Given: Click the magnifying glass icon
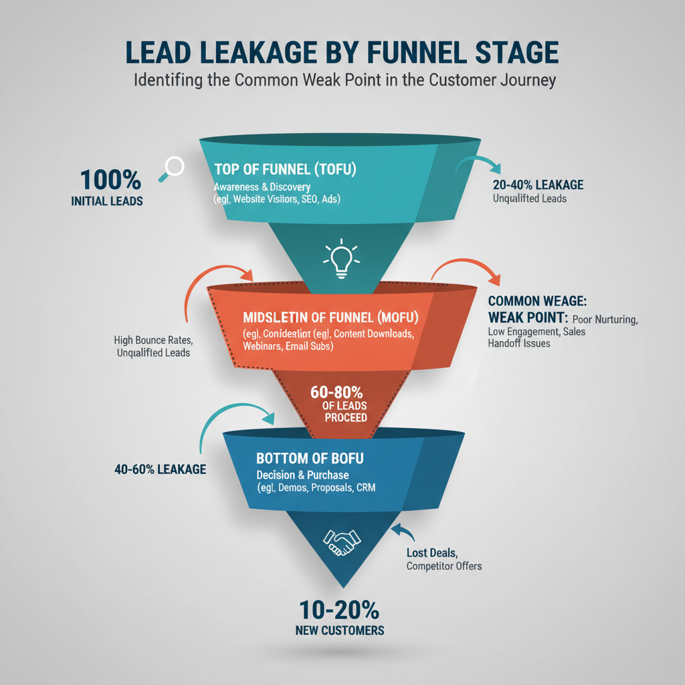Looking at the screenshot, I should click(x=172, y=167).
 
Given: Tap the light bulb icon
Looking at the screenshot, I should click(x=341, y=259).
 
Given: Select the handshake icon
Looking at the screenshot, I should click(x=341, y=541).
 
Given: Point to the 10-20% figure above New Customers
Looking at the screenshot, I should click(x=340, y=610).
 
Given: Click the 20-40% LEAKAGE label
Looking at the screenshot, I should click(x=538, y=184).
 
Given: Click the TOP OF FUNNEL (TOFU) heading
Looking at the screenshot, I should click(x=286, y=169).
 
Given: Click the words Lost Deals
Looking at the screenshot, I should click(x=431, y=553).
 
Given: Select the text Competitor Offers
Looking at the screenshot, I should click(x=444, y=566).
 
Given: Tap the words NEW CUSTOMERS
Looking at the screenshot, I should click(x=340, y=630).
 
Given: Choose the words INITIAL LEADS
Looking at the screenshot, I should click(x=107, y=201).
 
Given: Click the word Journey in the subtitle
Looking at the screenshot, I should click(x=525, y=80).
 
